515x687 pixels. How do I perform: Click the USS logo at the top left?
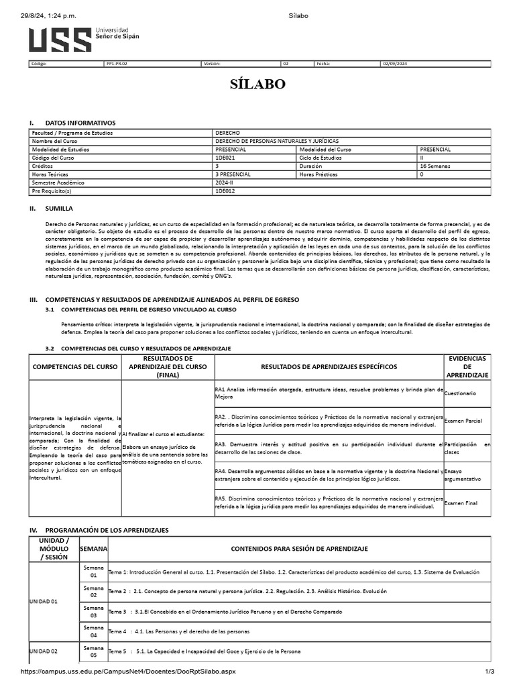(x=83, y=40)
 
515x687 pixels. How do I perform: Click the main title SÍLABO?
(x=257, y=84)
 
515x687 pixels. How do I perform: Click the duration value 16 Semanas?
(x=435, y=166)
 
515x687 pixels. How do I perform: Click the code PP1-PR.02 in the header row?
(x=117, y=64)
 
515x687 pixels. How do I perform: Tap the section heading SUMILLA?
(x=59, y=209)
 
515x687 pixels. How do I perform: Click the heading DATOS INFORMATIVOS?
(x=80, y=123)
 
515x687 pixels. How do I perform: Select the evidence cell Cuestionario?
(x=460, y=393)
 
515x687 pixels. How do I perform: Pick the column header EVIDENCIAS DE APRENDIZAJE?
(x=467, y=367)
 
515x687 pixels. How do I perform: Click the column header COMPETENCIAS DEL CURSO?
(x=75, y=367)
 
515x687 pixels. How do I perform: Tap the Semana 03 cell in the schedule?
(x=93, y=611)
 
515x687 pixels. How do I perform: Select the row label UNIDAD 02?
(x=44, y=651)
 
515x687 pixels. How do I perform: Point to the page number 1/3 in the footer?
(x=490, y=672)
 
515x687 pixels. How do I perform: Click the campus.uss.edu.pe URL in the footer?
(x=127, y=672)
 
